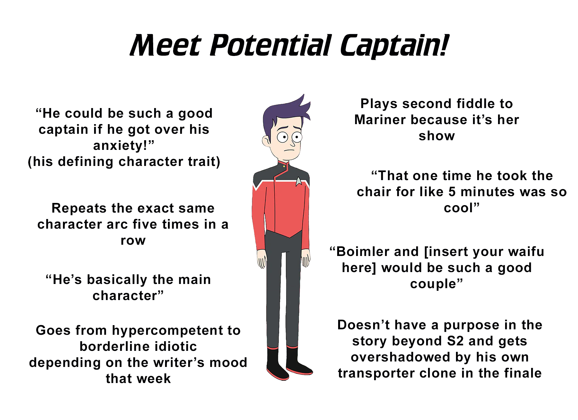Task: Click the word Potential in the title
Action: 271,46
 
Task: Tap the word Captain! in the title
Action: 394,46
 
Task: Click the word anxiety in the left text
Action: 120,146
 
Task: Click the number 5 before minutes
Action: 452,192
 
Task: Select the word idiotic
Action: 176,346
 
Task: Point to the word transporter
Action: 372,374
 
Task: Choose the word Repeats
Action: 79,209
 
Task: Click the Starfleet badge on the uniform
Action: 299,181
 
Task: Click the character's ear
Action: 266,141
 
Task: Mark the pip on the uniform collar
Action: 284,167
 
